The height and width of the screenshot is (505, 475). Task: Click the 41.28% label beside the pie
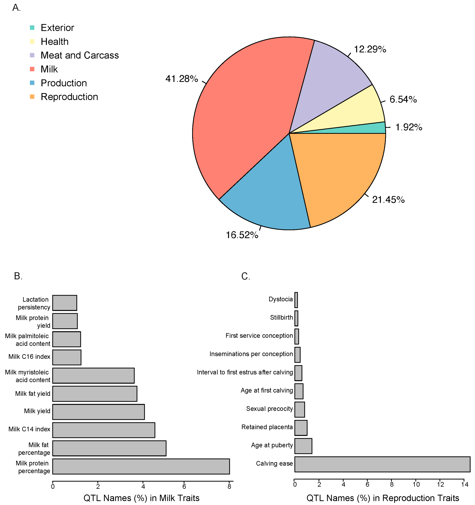182,79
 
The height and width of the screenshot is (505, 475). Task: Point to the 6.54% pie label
403,99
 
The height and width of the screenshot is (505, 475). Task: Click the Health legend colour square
32,41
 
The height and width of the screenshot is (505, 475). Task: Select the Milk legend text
49,69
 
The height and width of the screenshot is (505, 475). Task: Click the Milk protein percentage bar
141,466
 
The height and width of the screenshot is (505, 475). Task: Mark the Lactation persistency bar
65,303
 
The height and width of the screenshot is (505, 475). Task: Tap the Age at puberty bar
303,446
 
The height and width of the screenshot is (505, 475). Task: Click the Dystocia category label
281,299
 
